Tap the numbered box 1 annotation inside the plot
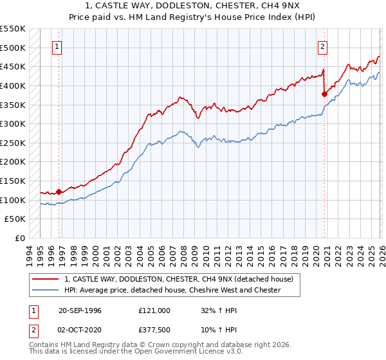(57, 46)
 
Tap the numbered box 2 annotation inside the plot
(322, 46)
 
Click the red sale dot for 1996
(59, 191)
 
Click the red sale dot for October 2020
(324, 94)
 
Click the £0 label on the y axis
(21, 238)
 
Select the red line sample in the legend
(46, 279)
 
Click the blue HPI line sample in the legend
(46, 291)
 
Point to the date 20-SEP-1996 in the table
(79, 310)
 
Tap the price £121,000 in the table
(154, 310)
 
